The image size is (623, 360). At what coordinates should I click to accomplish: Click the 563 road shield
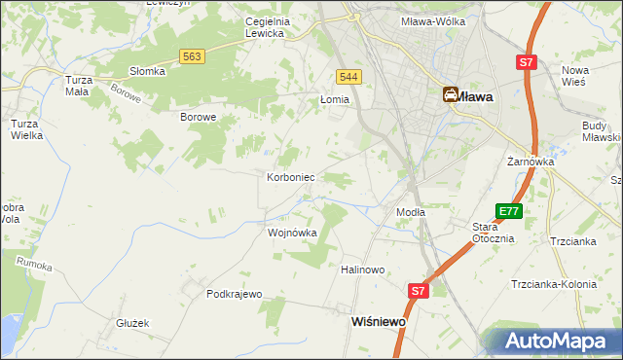pos(192,57)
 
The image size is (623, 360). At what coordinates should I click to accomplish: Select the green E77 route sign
pos(508,211)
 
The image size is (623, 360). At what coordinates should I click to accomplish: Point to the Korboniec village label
pos(289,178)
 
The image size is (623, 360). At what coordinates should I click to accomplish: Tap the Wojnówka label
pos(292,234)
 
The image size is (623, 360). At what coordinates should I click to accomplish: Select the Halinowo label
pos(364,270)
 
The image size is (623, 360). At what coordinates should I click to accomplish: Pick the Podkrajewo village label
pos(235,294)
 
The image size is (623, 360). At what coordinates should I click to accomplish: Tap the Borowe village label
pos(198,117)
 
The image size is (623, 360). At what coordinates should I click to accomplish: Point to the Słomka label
pos(148,71)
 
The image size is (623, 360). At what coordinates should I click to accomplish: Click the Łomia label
pos(334,99)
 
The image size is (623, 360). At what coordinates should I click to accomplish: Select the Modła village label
pos(410,212)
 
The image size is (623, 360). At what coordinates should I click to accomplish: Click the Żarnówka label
pos(531,162)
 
